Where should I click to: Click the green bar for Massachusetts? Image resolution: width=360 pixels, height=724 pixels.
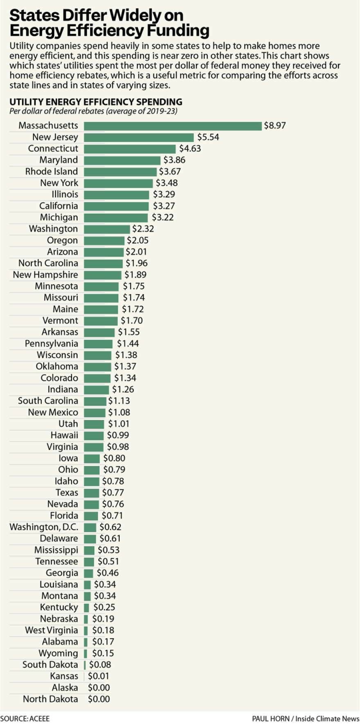click(x=173, y=126)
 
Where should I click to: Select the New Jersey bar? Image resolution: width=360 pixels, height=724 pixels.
click(x=139, y=137)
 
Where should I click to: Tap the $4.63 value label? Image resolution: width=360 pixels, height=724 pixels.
click(x=190, y=148)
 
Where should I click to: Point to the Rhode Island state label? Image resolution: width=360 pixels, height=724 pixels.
click(x=52, y=171)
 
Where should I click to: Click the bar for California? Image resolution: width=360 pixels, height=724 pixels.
click(x=116, y=206)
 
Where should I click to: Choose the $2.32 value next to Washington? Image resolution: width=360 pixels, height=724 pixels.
click(x=143, y=229)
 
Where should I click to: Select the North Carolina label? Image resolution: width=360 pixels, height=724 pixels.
click(x=48, y=263)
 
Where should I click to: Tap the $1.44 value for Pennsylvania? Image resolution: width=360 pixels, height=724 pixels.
click(x=128, y=343)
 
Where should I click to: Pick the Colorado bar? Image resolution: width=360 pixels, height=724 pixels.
click(x=97, y=378)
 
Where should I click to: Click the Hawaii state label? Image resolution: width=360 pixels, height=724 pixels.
click(x=64, y=435)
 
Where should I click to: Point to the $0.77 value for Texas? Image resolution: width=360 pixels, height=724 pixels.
click(x=113, y=492)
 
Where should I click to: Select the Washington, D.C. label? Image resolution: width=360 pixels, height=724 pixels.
click(x=44, y=527)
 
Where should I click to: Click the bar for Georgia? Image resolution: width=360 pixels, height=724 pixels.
click(x=88, y=573)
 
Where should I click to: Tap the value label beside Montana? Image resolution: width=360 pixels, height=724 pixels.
click(x=105, y=596)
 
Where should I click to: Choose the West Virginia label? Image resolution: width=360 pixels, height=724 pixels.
click(x=52, y=630)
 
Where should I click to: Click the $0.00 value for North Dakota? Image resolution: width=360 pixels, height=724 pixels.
click(x=99, y=699)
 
